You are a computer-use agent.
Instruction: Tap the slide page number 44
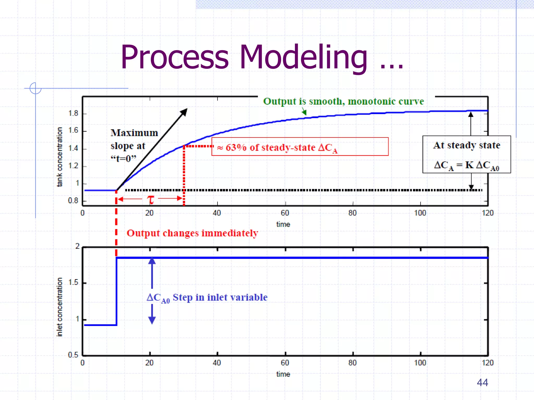click(482, 382)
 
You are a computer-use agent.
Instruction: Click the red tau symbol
click(150, 200)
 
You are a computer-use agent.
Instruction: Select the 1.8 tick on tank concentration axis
click(73, 113)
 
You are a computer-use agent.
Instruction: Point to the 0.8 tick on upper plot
click(73, 201)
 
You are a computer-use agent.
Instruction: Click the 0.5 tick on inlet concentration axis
click(73, 355)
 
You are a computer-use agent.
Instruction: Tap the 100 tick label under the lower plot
click(420, 363)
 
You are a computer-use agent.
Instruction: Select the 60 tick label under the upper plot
click(285, 213)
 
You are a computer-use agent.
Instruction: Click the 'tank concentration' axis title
click(60, 157)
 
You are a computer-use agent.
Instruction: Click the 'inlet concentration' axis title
click(60, 307)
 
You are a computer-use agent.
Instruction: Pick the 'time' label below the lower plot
click(283, 374)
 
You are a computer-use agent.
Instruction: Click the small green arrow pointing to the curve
click(304, 112)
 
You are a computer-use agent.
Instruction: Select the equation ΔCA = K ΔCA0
click(466, 165)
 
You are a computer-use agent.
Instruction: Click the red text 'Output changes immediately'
click(192, 233)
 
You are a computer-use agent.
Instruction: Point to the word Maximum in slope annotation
click(134, 133)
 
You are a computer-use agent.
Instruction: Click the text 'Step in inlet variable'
click(220, 297)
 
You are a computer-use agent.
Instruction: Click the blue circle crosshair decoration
click(35, 88)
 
